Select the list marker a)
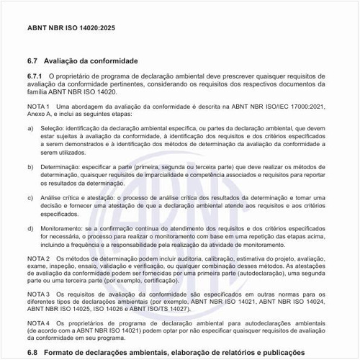tap(30, 127)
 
